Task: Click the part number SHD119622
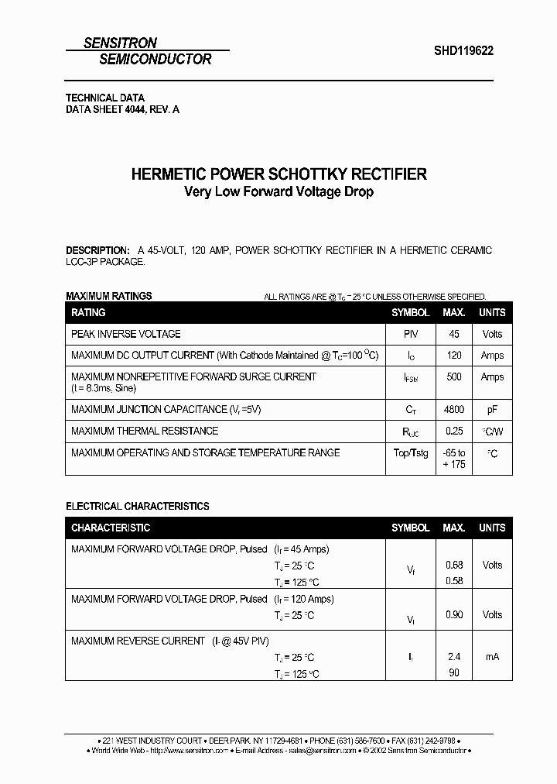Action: (463, 50)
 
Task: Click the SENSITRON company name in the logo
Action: (120, 43)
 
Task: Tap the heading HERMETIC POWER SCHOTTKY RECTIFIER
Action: (278, 174)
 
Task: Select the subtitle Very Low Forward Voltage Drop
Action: (278, 191)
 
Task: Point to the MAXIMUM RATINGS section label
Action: (109, 296)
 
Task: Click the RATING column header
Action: (88, 312)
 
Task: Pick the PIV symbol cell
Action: (410, 334)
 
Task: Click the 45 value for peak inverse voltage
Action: (454, 334)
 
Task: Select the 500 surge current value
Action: (454, 377)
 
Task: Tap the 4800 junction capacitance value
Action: (454, 410)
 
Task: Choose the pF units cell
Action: (492, 410)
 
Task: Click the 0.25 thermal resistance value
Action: (454, 432)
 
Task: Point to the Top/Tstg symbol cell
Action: (410, 453)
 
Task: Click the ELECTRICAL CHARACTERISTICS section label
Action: (138, 506)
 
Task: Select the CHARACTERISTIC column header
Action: (111, 528)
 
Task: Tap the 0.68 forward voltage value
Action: (454, 565)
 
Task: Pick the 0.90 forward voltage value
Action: (454, 614)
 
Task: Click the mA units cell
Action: (492, 657)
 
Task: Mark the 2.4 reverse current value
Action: (454, 657)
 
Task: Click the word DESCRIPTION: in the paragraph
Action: (97, 251)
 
